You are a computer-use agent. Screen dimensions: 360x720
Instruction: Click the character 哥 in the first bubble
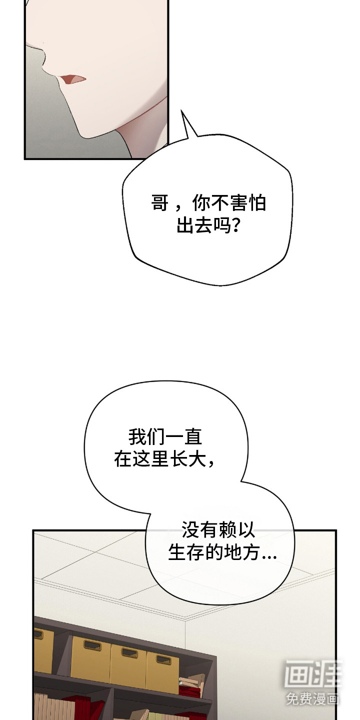tap(160, 203)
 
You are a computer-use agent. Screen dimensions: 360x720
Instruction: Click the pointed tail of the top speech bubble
tap(182, 111)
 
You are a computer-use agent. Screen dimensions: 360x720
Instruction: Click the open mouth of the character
tap(74, 79)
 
